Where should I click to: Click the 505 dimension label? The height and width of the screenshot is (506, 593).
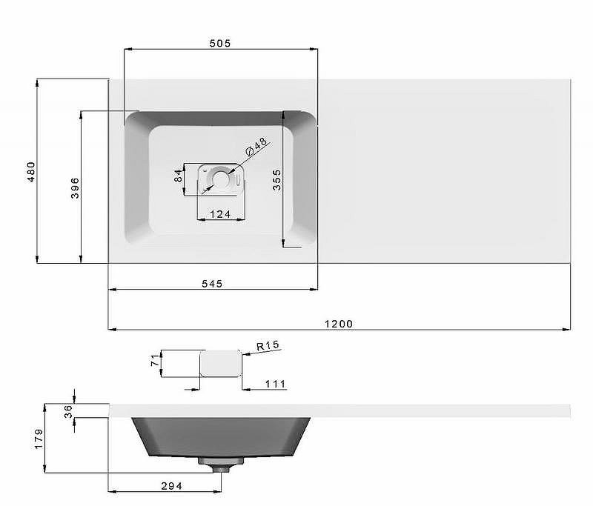click(219, 43)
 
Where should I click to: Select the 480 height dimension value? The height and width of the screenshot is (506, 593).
click(31, 172)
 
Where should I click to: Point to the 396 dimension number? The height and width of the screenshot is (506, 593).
click(75, 188)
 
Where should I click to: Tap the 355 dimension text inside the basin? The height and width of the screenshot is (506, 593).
click(276, 180)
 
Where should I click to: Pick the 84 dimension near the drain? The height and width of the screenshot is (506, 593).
click(178, 176)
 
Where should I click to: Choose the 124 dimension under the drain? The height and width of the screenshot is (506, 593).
click(220, 214)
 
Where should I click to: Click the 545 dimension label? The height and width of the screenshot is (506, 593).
click(212, 284)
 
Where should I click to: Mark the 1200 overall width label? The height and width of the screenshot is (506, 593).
click(339, 324)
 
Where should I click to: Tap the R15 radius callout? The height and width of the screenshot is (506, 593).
click(268, 345)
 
